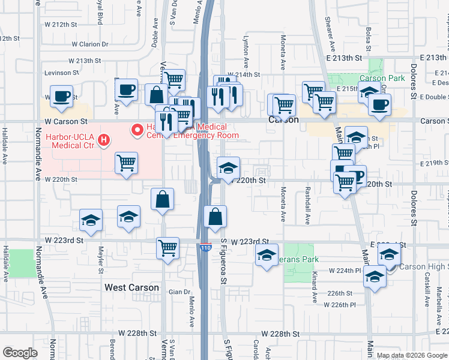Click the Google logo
(x=20, y=353)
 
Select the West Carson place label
(x=131, y=287)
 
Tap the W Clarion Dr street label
(x=90, y=44)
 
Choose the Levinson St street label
(x=62, y=73)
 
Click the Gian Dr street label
(x=179, y=292)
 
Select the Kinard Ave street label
(x=314, y=290)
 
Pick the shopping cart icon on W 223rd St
(x=168, y=247)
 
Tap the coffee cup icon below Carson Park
(x=379, y=105)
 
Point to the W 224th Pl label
(x=345, y=271)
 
